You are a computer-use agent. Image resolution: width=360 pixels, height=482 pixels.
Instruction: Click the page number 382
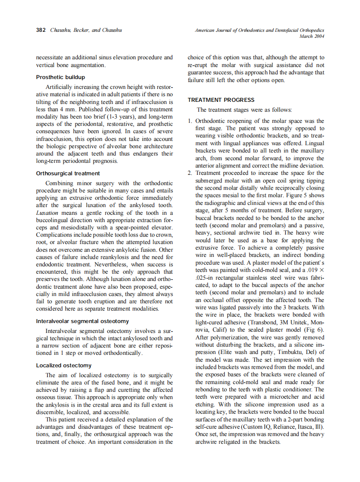[41, 31]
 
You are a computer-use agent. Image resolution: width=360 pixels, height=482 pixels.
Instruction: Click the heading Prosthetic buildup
[60, 77]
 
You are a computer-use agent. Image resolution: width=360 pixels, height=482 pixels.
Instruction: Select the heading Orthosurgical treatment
[68, 174]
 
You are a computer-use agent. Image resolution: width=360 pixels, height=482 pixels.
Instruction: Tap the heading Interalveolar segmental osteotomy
[82, 321]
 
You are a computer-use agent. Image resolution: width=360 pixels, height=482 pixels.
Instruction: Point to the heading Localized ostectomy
[64, 366]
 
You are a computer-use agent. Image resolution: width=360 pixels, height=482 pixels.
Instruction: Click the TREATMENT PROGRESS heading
[221, 100]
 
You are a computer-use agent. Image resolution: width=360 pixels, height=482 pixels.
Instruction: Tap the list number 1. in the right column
[190, 122]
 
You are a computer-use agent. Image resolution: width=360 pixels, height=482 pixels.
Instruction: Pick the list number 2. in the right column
[190, 174]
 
